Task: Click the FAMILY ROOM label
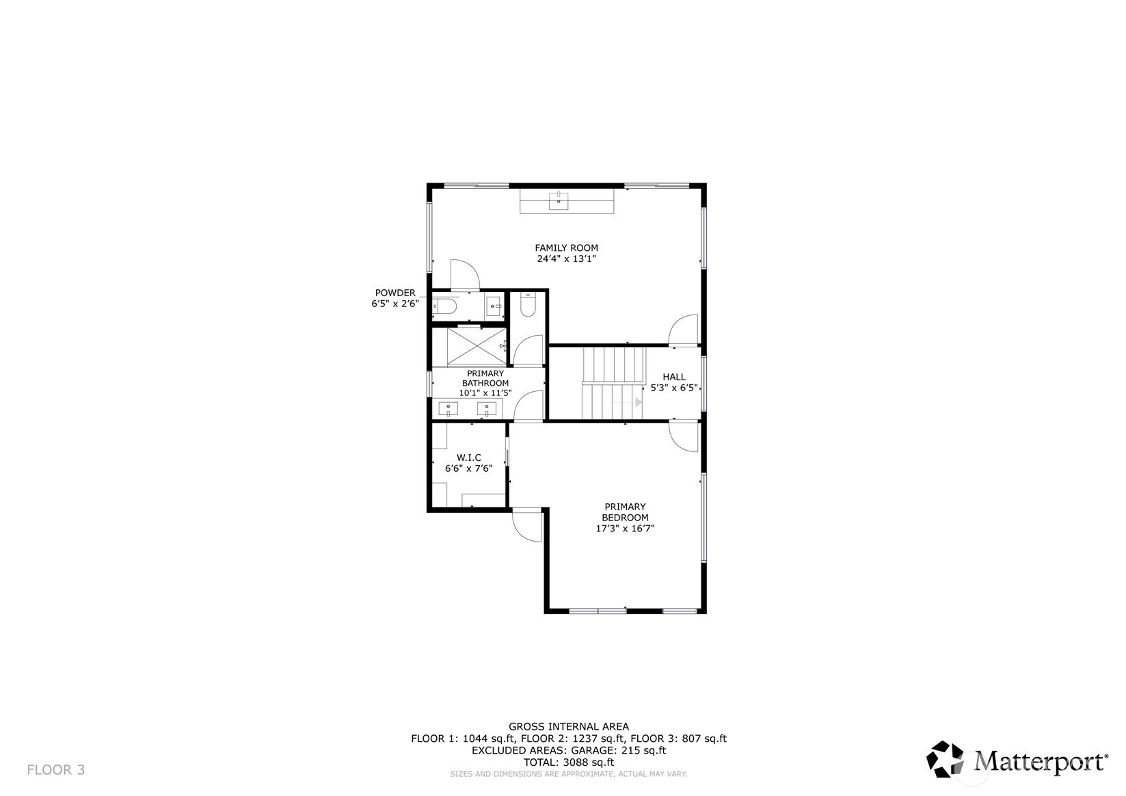pos(566,248)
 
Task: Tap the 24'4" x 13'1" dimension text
pos(566,259)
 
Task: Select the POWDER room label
pos(394,293)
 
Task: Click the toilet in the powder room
pos(444,307)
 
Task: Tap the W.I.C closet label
pos(468,457)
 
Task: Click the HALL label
pos(673,377)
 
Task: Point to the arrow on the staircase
pos(639,402)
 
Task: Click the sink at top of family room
pos(559,200)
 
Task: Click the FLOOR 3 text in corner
pos(56,770)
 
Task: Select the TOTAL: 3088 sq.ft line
pos(569,762)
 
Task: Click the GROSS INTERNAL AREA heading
pos(569,726)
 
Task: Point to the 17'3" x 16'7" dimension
pos(625,529)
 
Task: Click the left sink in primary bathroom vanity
pos(448,409)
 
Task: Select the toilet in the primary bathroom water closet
pos(528,306)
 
